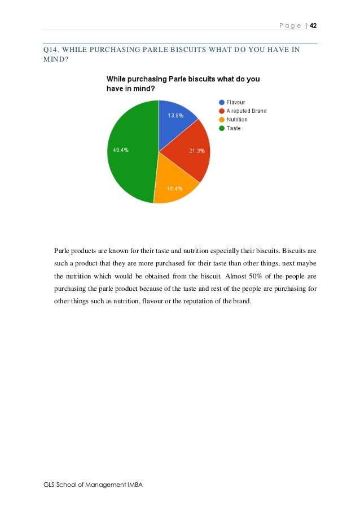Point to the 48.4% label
[x=120, y=150]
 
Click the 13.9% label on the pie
[x=175, y=115]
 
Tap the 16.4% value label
[x=174, y=188]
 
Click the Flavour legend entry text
[x=236, y=102]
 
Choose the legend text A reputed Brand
[x=247, y=111]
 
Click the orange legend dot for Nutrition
[x=222, y=120]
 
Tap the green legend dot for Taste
[x=222, y=128]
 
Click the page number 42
[x=314, y=25]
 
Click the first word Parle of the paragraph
[x=63, y=251]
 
